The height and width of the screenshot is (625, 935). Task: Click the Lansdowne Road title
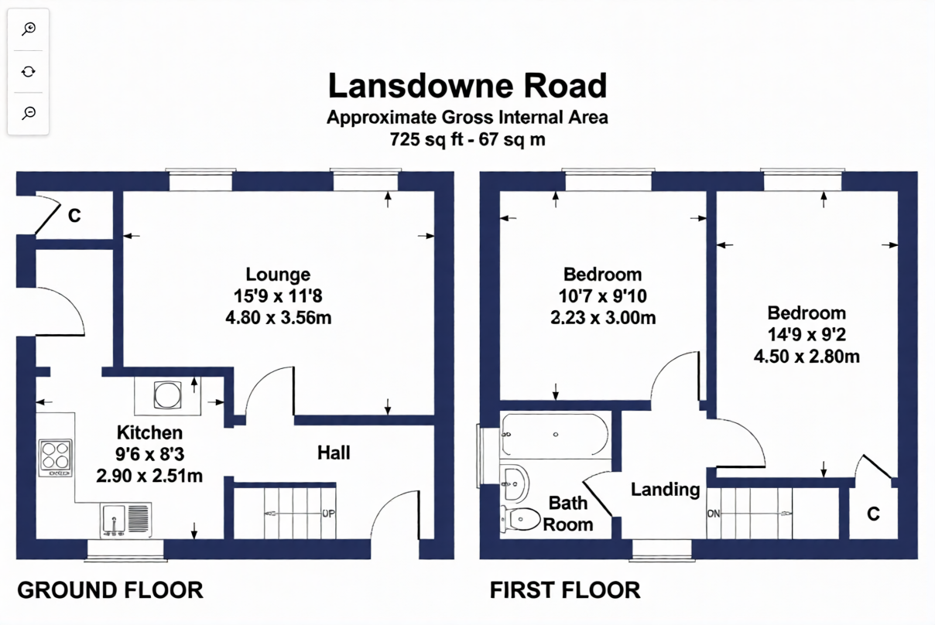pos(467,86)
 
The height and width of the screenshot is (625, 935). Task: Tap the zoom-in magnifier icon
pos(29,29)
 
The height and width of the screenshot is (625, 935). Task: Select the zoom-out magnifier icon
pos(29,113)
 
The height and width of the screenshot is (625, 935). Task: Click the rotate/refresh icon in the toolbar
pos(29,72)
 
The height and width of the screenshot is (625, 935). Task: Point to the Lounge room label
pos(278,275)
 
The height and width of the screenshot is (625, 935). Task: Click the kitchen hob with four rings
pos(56,458)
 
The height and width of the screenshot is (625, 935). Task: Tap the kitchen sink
pos(125,520)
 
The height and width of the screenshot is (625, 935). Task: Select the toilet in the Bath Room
pos(520,519)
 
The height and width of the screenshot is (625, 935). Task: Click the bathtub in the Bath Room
pos(555,435)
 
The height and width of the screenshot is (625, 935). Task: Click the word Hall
pos(334,453)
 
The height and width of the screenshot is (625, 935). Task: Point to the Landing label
pos(666,490)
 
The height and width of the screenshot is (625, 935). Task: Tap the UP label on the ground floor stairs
pos(328,514)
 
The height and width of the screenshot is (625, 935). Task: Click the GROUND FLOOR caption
pos(110,590)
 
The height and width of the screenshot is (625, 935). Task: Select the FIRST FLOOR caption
pos(565,590)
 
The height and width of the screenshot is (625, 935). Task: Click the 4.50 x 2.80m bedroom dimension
pos(807,357)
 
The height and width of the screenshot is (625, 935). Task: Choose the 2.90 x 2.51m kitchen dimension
pos(149,476)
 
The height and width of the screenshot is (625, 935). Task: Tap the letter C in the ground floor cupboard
pos(74,216)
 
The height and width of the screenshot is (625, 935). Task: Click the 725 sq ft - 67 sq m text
pos(467,139)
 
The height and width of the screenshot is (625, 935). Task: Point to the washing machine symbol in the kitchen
pos(168,395)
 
